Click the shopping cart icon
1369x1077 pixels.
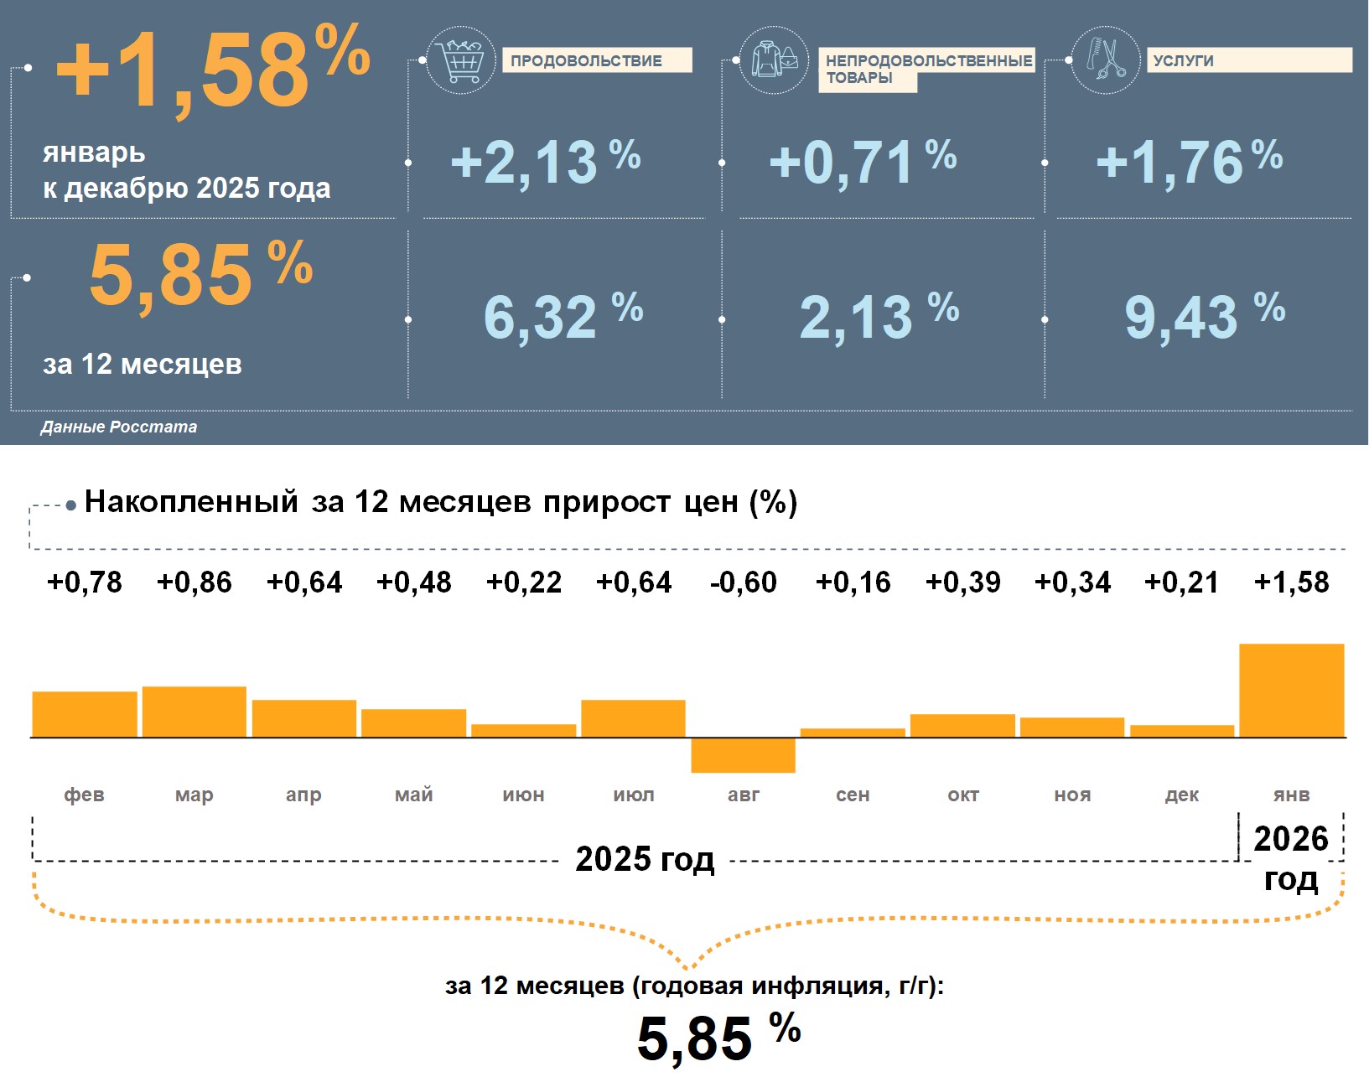460,60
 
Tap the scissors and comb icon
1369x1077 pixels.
1106,60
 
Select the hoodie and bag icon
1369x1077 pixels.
774,60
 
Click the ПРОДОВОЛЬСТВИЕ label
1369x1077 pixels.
596,60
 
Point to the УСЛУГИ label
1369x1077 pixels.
1248,60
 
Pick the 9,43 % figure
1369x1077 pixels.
1204,317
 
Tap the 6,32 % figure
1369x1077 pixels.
563,317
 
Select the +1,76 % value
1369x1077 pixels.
1189,162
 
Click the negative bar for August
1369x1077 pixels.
743,755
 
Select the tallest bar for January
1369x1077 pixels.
1291,691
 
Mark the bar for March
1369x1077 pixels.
194,712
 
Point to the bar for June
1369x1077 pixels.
524,731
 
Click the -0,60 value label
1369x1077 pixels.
744,582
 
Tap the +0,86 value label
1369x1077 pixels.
194,582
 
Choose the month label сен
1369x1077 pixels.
853,795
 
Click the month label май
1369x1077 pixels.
414,795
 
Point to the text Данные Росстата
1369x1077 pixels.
119,427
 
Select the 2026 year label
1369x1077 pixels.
1291,839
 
